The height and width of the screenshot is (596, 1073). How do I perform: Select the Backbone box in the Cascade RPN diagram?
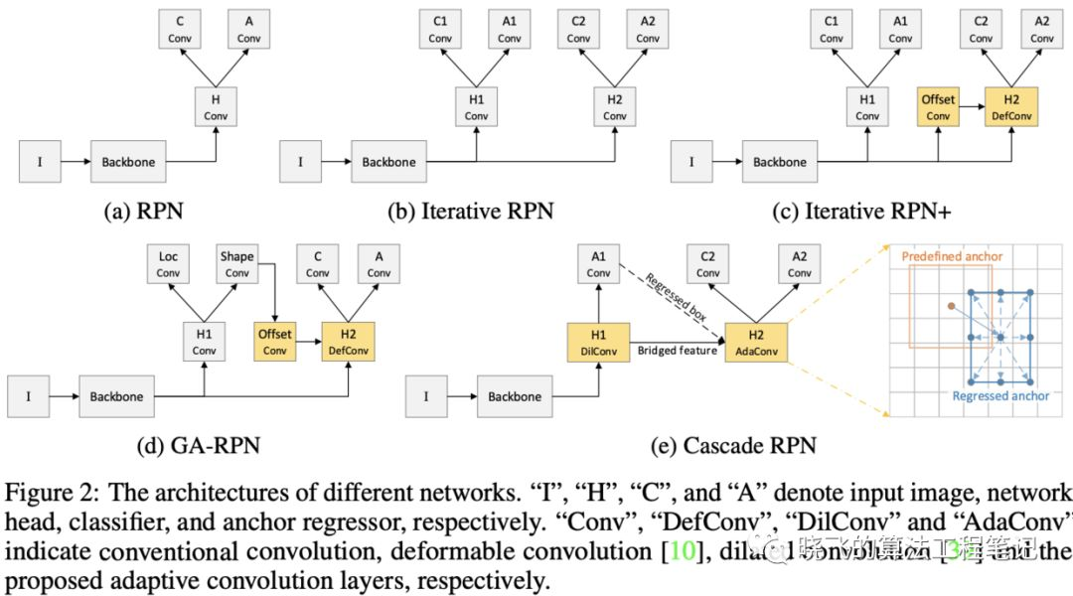pyautogui.click(x=515, y=396)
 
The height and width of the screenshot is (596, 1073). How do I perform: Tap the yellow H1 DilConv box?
pyautogui.click(x=598, y=342)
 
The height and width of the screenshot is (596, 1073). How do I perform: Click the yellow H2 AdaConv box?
pyautogui.click(x=757, y=342)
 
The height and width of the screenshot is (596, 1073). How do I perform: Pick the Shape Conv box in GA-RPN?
pyautogui.click(x=237, y=264)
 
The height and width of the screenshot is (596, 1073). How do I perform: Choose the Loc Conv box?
pyautogui.click(x=168, y=264)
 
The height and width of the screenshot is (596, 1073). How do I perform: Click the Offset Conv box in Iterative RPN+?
pyautogui.click(x=938, y=106)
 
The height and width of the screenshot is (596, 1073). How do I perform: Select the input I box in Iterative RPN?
pyautogui.click(x=302, y=161)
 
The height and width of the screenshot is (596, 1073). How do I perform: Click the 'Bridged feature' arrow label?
pyautogui.click(x=678, y=351)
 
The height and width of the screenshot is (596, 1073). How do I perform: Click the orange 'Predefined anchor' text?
pyautogui.click(x=952, y=256)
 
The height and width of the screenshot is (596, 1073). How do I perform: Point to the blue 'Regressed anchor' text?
pyautogui.click(x=1000, y=395)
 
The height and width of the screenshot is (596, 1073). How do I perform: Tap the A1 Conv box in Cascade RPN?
pyautogui.click(x=598, y=264)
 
